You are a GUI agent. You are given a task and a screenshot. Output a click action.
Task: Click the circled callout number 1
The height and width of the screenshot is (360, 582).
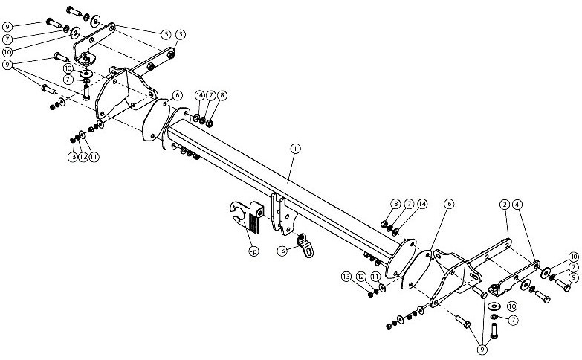[x=295, y=149]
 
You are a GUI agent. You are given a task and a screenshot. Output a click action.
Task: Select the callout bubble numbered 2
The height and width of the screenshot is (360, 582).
[x=505, y=205]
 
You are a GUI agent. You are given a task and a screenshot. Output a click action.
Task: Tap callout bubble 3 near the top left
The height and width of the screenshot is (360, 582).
[x=181, y=34]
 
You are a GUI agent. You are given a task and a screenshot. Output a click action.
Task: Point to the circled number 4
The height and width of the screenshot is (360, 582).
[x=517, y=205]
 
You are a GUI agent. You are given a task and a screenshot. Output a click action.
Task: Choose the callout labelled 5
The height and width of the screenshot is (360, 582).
[x=166, y=34]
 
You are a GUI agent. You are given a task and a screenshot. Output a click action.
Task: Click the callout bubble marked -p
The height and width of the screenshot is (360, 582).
[x=253, y=251]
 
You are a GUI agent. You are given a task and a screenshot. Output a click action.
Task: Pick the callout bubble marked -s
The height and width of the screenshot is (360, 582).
[x=283, y=251]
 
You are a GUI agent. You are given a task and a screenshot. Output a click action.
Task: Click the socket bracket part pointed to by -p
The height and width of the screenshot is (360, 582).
[x=247, y=216]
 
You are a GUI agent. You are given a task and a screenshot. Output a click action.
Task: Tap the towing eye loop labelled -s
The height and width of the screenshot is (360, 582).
[x=305, y=245]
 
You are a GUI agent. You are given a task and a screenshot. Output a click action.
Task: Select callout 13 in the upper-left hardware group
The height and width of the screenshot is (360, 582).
[x=72, y=157]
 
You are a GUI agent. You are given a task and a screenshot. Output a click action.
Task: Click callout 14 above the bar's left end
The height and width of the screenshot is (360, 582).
[x=200, y=95]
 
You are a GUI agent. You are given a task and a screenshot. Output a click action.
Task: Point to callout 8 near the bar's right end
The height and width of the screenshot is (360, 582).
[x=395, y=204]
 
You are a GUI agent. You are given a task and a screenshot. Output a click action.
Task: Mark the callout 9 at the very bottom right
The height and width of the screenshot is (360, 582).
[x=482, y=350]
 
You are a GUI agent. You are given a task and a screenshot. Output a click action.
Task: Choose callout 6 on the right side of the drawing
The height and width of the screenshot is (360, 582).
[x=449, y=204]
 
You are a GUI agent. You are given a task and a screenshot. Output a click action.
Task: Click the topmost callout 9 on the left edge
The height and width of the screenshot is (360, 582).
[x=7, y=27]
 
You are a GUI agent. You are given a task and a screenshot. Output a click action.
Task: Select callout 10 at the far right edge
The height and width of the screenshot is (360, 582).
[x=574, y=257]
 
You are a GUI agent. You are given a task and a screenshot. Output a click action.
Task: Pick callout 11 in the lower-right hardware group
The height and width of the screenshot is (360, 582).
[x=375, y=277]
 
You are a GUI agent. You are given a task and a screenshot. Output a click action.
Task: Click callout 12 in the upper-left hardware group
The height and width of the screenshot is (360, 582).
[x=83, y=157]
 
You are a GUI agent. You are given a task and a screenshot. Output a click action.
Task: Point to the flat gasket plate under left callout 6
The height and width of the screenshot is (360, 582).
[x=156, y=120]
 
